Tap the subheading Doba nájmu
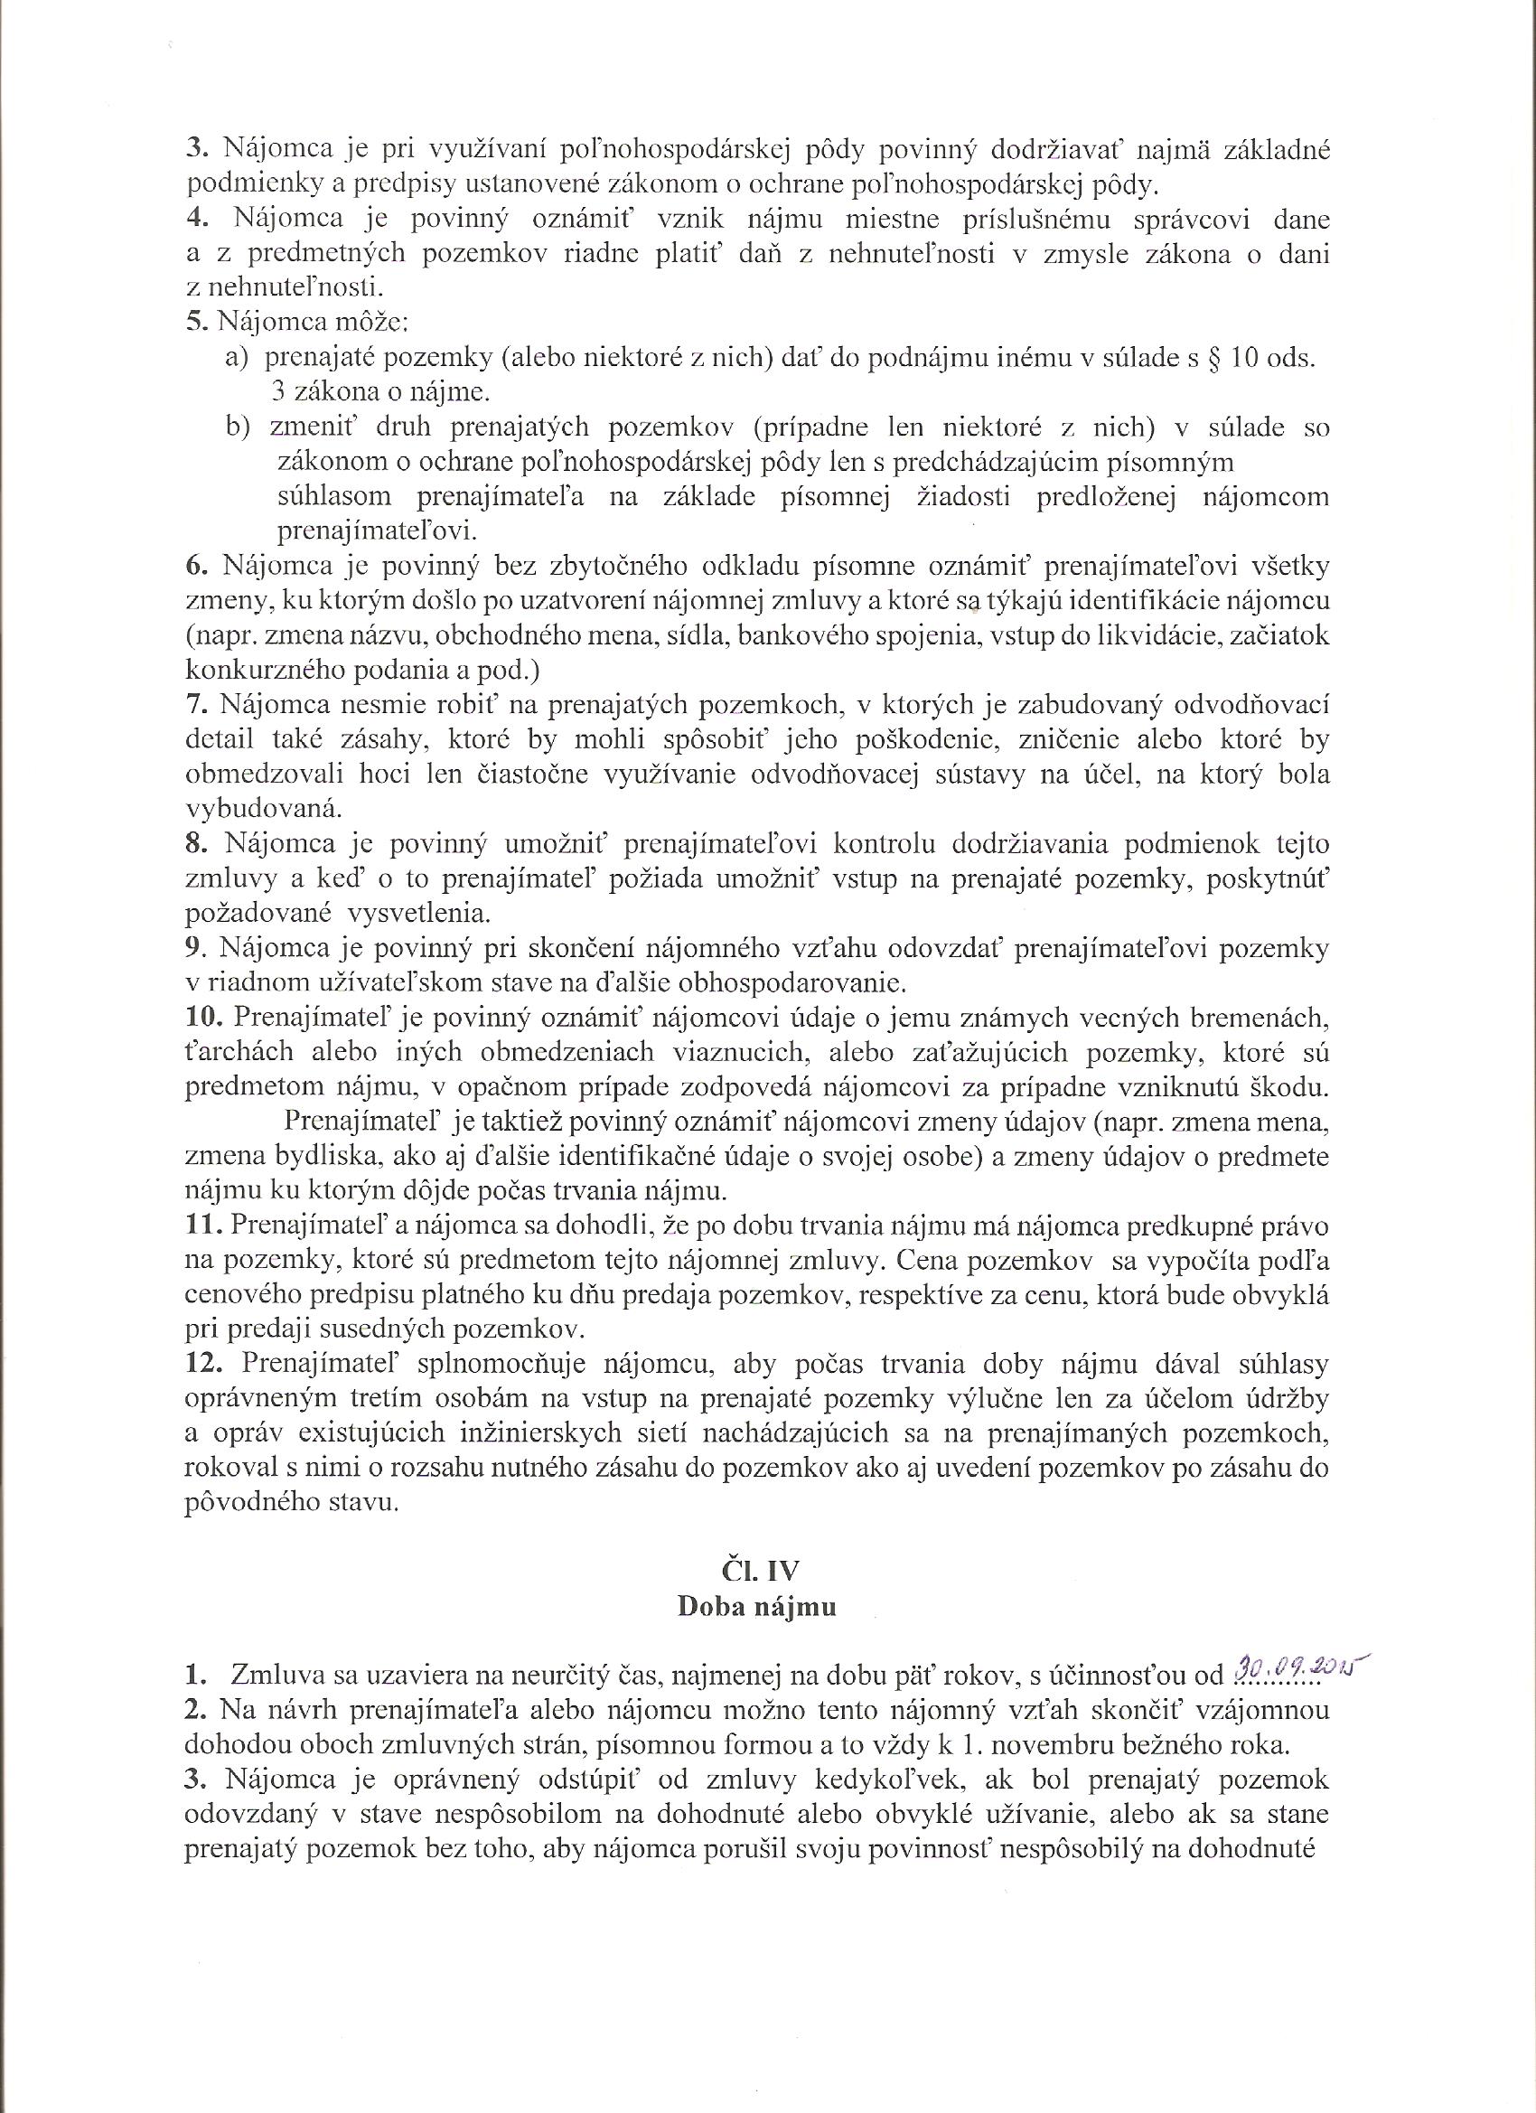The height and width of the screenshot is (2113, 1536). (x=756, y=1608)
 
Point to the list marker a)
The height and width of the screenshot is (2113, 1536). (x=236, y=358)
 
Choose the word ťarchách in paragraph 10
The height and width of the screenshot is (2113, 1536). (x=241, y=1052)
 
